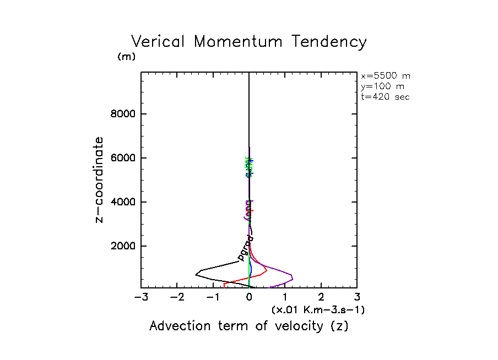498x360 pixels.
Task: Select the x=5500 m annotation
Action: [385, 76]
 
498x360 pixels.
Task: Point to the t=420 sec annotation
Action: [385, 97]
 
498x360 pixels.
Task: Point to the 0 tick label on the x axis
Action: [250, 298]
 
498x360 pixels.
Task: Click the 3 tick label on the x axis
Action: [357, 298]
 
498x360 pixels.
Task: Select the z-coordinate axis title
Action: [100, 179]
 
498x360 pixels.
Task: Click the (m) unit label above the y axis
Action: [127, 57]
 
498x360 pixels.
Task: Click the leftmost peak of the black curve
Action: [196, 274]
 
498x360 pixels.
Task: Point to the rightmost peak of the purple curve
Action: [292, 277]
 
